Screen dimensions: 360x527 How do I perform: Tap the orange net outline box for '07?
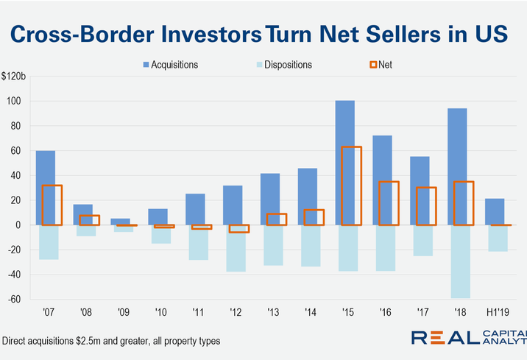(x=52, y=205)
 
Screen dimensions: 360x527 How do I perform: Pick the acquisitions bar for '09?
(x=121, y=222)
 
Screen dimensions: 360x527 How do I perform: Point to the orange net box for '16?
(x=389, y=202)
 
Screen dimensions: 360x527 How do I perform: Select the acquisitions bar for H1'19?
(x=495, y=211)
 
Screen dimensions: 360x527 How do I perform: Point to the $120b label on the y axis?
(x=14, y=76)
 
